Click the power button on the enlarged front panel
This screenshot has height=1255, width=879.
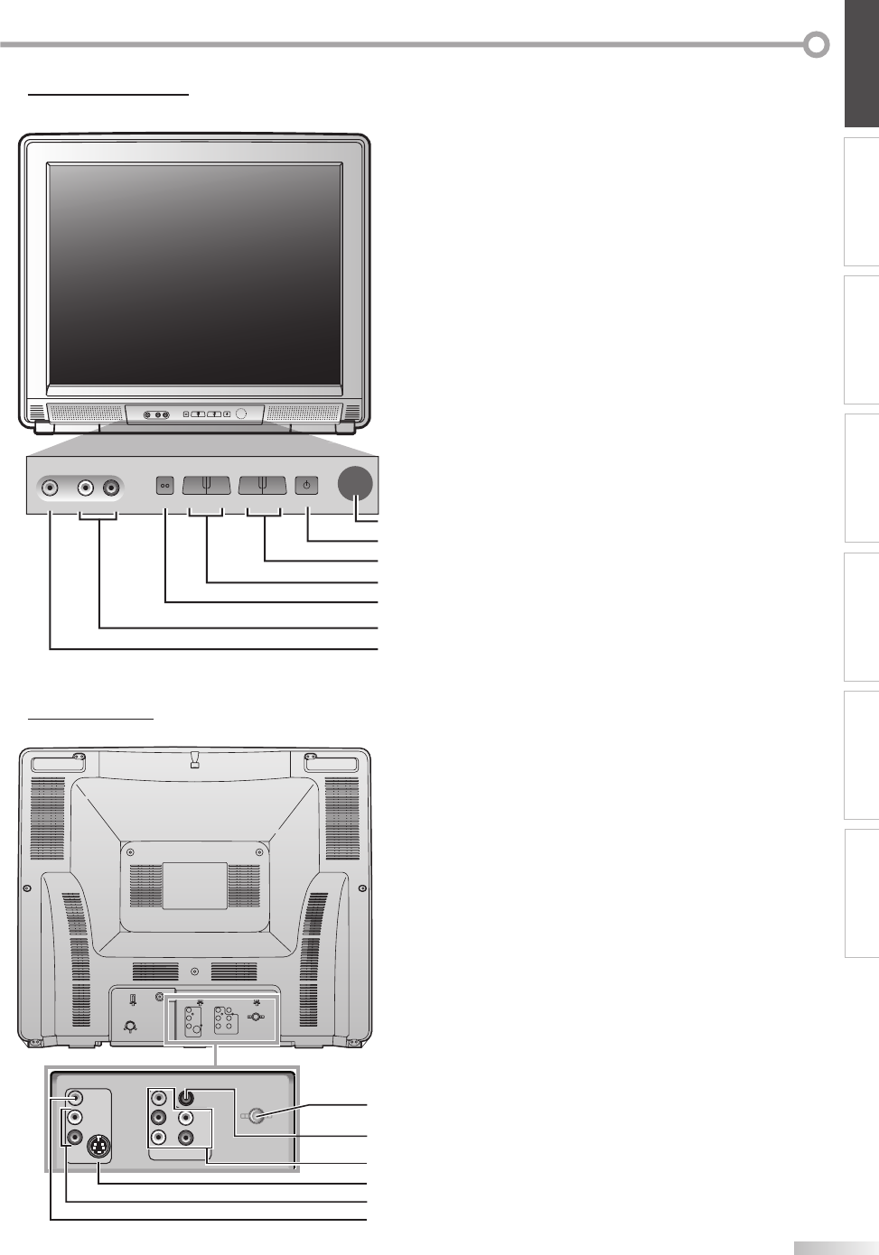307,485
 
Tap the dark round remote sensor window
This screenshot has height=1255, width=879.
355,483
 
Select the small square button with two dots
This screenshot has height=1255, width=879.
165,485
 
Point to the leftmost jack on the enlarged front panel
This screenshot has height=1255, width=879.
50,488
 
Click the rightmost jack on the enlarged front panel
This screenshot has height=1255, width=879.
111,488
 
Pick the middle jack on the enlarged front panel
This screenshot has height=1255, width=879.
85,488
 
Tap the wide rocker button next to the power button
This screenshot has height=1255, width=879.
262,485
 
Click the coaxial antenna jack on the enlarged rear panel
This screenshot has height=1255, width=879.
257,1117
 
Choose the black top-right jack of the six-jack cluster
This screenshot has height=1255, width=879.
186,1099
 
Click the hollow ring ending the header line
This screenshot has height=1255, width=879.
817,44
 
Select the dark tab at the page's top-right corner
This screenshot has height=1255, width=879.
862,63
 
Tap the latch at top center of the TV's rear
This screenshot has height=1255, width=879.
194,760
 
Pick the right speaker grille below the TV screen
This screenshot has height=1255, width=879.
303,414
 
